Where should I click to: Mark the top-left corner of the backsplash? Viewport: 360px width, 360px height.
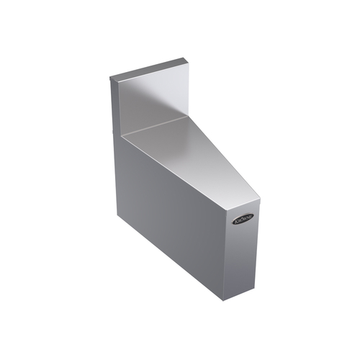[x=109, y=77]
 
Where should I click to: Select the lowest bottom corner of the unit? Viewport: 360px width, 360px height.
[x=228, y=301]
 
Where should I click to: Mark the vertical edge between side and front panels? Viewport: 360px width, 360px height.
[x=229, y=245]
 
